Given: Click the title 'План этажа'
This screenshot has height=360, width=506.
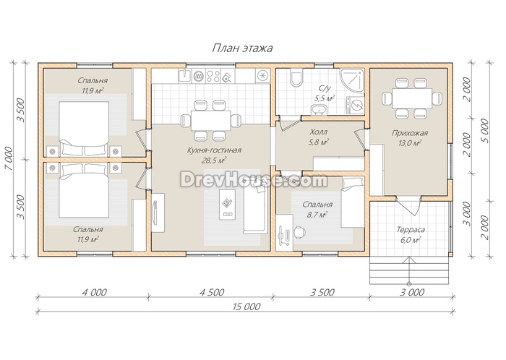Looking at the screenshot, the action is (x=242, y=48).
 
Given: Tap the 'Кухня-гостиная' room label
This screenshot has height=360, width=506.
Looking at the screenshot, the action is (x=214, y=150).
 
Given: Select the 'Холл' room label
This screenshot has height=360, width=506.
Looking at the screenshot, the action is (x=319, y=132).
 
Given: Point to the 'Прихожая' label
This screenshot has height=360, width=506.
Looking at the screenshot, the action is (x=410, y=133).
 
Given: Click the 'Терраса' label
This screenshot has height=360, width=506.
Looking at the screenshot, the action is (x=411, y=230).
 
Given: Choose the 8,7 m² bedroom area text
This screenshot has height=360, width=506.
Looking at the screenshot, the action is (x=318, y=214).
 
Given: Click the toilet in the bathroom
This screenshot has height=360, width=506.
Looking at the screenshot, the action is (x=296, y=79).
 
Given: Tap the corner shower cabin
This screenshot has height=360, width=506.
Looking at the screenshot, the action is (x=351, y=80).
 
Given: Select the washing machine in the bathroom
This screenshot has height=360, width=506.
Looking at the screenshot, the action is (x=356, y=105).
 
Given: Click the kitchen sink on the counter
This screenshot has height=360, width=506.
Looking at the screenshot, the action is (x=185, y=76).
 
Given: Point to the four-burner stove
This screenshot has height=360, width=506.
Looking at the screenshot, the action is (x=213, y=76).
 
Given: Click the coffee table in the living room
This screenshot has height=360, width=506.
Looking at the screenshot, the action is (x=227, y=205).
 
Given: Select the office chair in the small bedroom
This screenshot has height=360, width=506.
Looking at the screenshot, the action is (x=299, y=232).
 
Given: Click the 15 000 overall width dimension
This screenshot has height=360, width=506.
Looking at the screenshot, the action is (x=246, y=306).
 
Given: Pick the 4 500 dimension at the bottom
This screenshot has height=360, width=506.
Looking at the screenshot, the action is (x=212, y=292).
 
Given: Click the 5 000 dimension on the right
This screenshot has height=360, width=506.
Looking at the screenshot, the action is (x=484, y=131).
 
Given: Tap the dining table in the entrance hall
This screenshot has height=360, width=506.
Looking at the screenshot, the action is (x=412, y=98).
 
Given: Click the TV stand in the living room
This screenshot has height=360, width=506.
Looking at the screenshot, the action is (x=158, y=213).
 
